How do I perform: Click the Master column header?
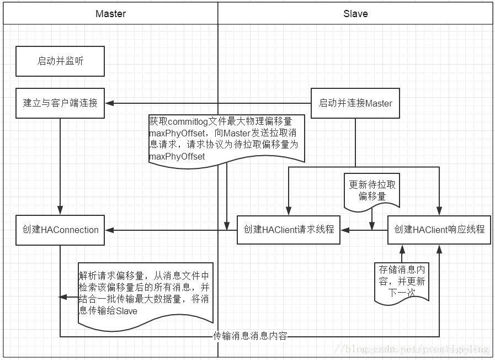coord(110,14)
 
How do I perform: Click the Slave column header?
coord(355,14)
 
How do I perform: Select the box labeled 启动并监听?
coord(60,61)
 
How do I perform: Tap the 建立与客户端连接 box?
coord(60,103)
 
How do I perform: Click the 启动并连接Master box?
coord(355,103)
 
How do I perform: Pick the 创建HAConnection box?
coord(60,230)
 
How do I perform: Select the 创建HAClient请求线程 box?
coord(289,230)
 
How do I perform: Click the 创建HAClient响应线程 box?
coord(439,230)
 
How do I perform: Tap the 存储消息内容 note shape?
coord(401,282)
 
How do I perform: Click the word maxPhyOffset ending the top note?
coord(177,157)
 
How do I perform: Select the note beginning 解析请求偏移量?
coord(145,293)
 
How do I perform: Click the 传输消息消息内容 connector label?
coord(250,336)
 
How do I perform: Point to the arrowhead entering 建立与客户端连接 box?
coord(109,103)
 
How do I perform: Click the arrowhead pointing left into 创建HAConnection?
coord(109,230)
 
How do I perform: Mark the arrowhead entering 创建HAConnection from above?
coord(60,211)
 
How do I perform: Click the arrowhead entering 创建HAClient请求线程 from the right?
coord(344,230)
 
